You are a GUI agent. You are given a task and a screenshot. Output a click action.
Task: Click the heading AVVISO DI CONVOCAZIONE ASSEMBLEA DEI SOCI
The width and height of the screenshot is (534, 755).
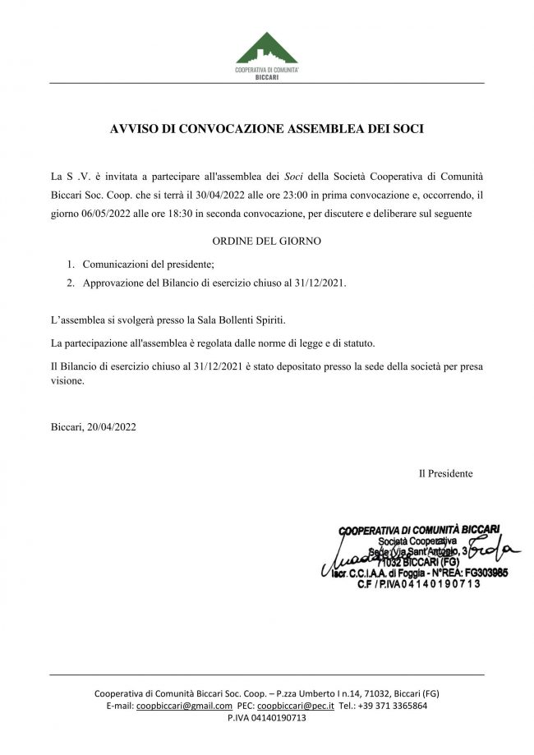pos(266,129)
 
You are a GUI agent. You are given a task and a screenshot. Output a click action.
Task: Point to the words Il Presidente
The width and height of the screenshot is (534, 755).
pos(445,473)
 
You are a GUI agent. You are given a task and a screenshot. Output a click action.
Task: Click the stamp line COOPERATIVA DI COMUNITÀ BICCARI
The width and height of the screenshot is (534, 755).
pos(421,530)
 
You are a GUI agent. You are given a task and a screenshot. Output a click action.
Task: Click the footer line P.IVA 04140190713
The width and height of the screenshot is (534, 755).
pos(266,717)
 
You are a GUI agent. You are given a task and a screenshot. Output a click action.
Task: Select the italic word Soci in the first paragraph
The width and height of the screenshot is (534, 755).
pos(293,177)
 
